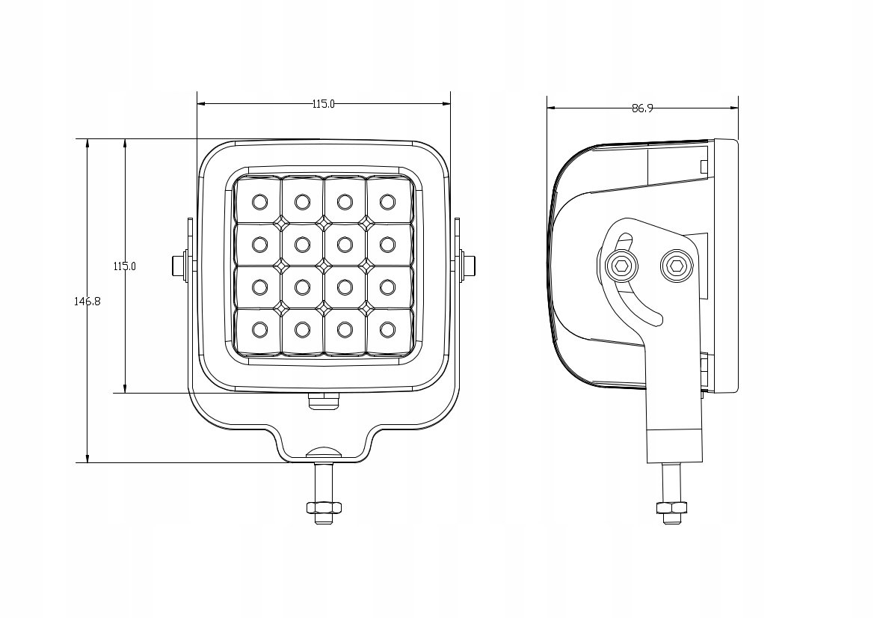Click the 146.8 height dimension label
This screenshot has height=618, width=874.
87,302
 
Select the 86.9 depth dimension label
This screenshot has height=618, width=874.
642,108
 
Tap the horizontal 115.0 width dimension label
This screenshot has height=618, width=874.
323,104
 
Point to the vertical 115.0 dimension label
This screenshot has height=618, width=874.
125,266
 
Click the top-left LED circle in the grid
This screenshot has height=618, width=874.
259,201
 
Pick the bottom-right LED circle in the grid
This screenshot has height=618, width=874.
387,330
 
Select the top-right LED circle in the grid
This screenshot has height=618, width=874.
387,201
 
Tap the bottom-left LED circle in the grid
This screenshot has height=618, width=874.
259,330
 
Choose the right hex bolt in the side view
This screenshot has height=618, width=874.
676,266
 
